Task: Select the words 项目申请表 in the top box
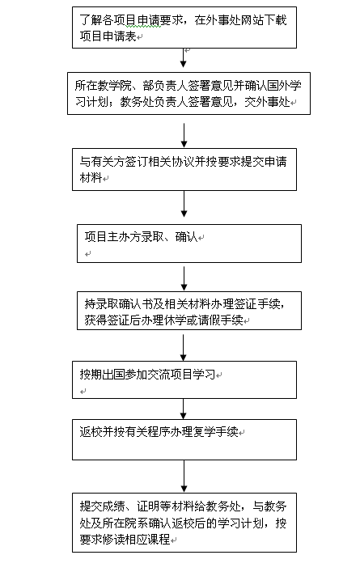[108, 36]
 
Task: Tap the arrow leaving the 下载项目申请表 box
[184, 57]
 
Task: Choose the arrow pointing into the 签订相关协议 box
[184, 135]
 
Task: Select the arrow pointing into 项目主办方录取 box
[184, 204]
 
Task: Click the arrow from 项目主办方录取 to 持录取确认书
[184, 278]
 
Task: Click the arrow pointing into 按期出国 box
[184, 348]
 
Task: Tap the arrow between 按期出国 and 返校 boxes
[184, 409]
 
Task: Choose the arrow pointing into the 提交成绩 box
[184, 477]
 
